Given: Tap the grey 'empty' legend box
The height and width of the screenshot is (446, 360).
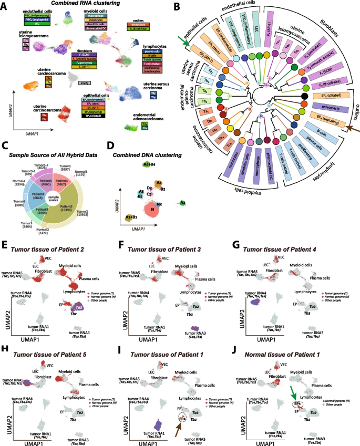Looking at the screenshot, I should (x=83, y=83).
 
